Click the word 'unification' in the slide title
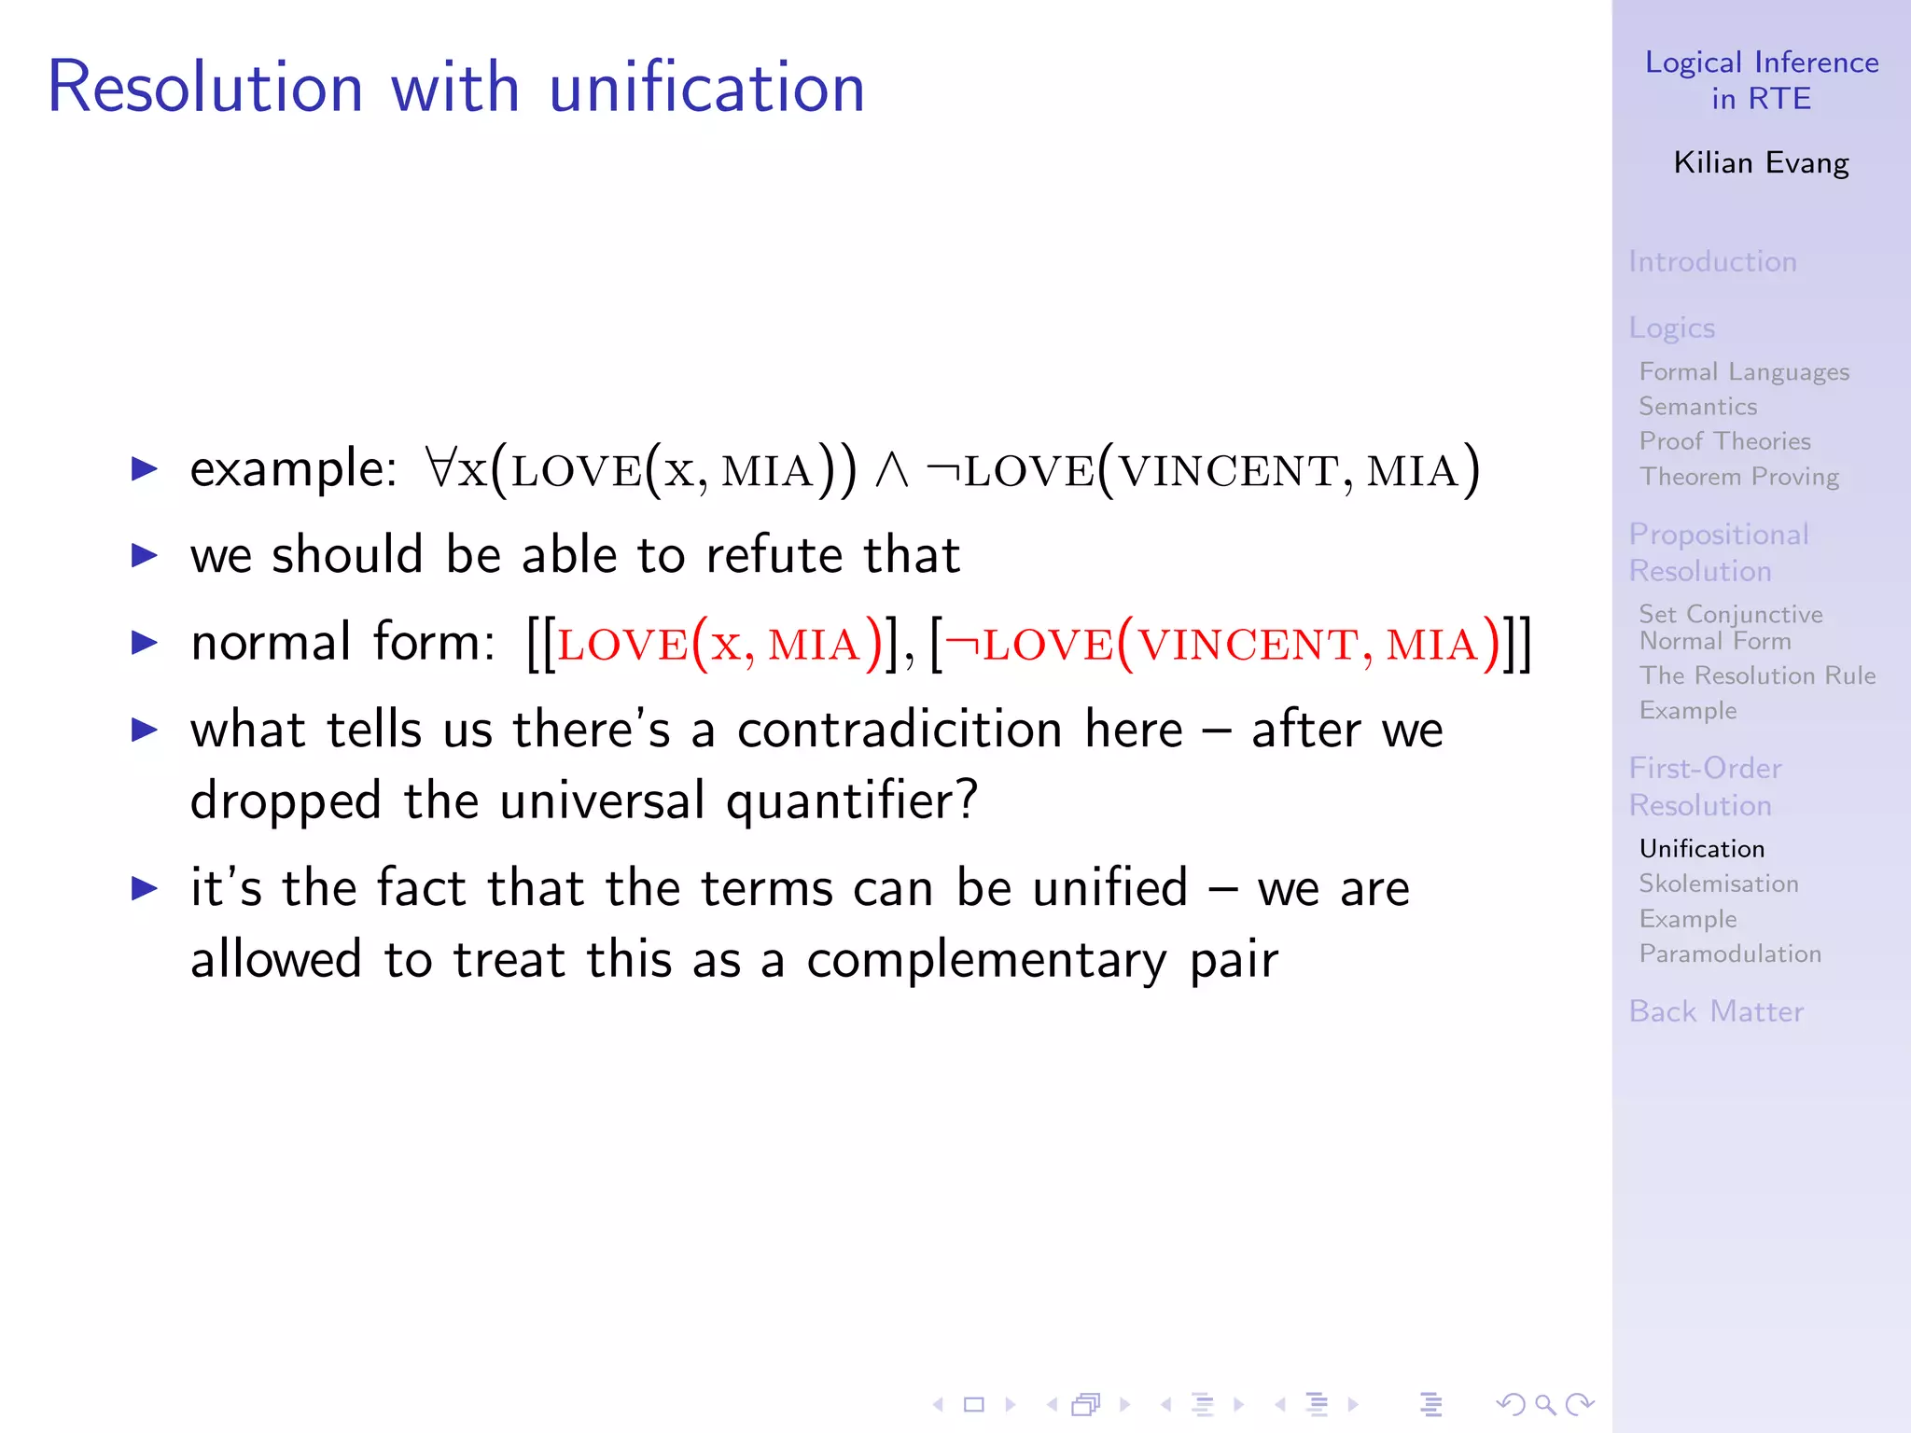pyautogui.click(x=706, y=87)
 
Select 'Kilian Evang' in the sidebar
pyautogui.click(x=1761, y=163)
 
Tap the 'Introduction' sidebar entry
pyautogui.click(x=1712, y=261)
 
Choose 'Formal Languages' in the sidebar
pyautogui.click(x=1744, y=372)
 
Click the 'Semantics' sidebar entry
pyautogui.click(x=1698, y=407)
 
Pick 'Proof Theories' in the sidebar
pyautogui.click(x=1724, y=441)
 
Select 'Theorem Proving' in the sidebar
pyautogui.click(x=1739, y=477)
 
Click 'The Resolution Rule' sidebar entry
pyautogui.click(x=1757, y=675)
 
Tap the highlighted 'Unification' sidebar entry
pyautogui.click(x=1702, y=849)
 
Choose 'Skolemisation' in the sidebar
pyautogui.click(x=1719, y=883)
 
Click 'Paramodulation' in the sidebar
pyautogui.click(x=1730, y=953)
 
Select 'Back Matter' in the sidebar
pyautogui.click(x=1716, y=1011)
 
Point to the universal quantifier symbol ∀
pyautogui.click(x=439, y=468)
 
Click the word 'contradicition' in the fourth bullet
pyautogui.click(x=900, y=729)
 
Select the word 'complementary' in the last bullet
pyautogui.click(x=986, y=960)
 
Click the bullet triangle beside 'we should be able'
pyautogui.click(x=145, y=556)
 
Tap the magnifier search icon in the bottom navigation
pyautogui.click(x=1545, y=1404)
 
